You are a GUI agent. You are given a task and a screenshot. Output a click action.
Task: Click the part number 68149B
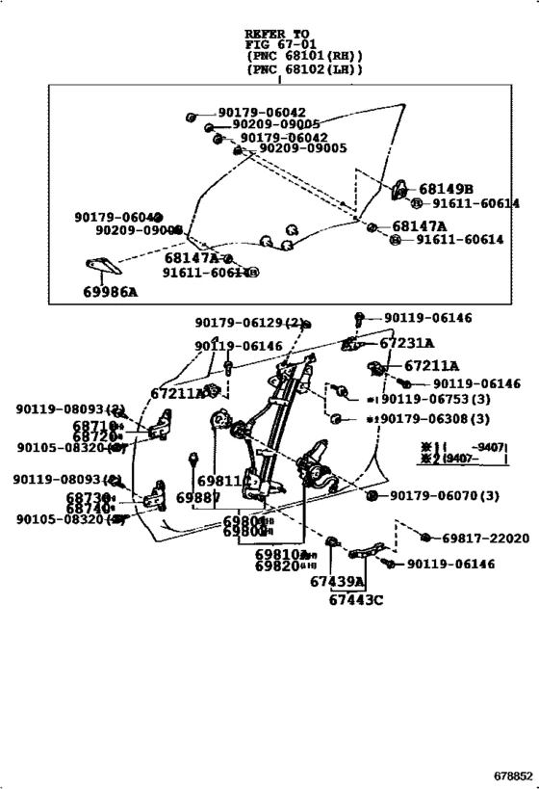click(x=446, y=189)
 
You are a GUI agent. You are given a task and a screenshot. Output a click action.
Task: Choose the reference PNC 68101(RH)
click(x=304, y=56)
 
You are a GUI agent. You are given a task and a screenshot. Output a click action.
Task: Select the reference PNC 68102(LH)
click(x=304, y=68)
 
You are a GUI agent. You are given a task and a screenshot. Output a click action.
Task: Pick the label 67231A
click(x=406, y=342)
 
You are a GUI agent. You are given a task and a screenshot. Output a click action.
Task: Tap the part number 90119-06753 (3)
click(x=426, y=399)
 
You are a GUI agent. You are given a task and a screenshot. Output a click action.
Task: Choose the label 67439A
click(x=338, y=582)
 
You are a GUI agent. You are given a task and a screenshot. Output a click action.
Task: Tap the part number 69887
click(x=198, y=496)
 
